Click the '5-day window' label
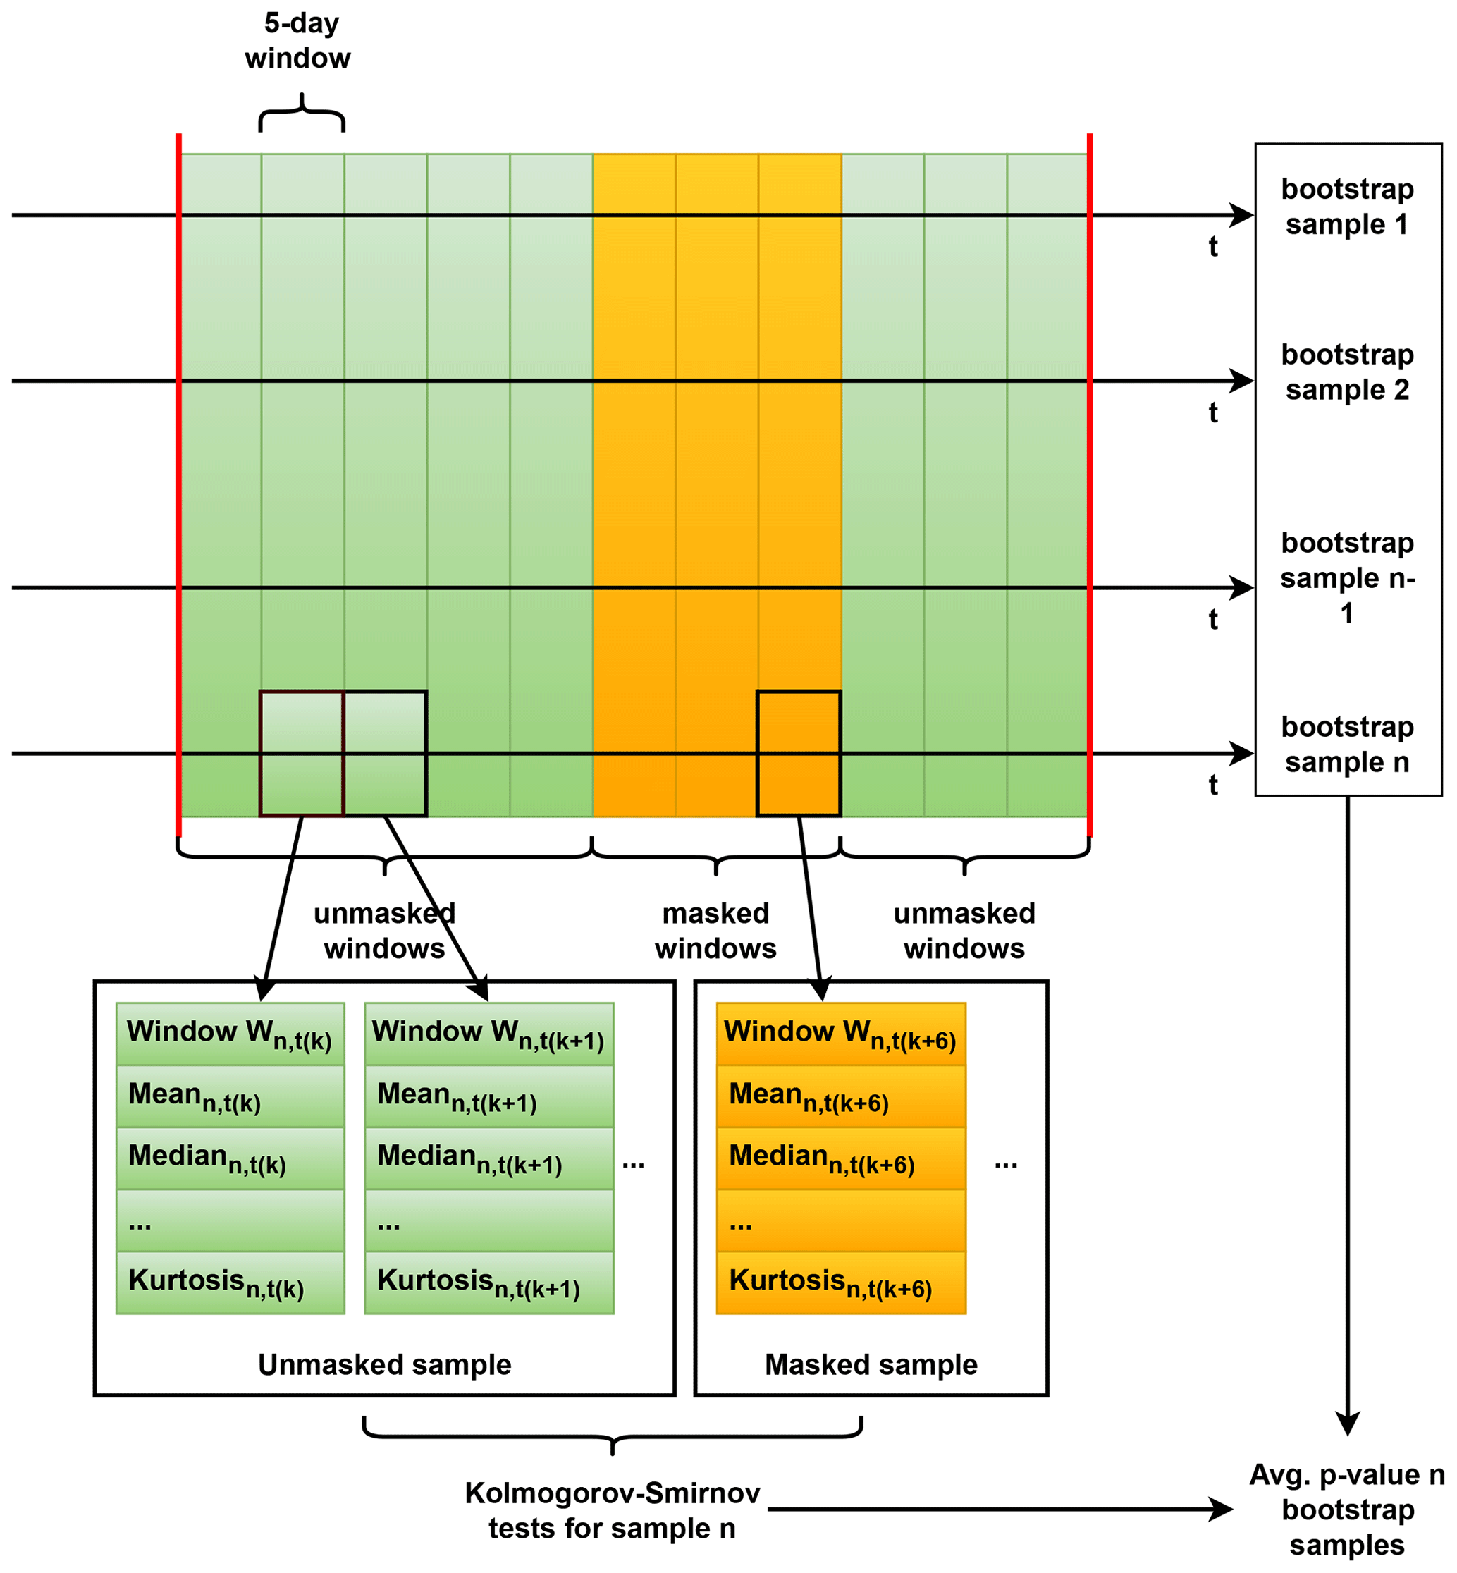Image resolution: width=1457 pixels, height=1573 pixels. coord(298,41)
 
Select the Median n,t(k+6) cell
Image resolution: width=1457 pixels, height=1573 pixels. coord(840,1158)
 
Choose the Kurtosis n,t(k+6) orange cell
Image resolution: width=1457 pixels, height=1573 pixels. coord(840,1283)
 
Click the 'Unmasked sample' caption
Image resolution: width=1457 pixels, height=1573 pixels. coord(385,1365)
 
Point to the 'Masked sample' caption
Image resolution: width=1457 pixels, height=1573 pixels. coord(871,1365)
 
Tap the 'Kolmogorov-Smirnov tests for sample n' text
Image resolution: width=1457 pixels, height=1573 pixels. coord(612,1511)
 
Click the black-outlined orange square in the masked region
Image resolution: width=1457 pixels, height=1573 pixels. coord(799,753)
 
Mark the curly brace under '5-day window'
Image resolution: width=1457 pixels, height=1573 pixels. coord(302,113)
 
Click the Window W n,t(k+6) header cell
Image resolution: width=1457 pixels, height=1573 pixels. coord(840,1034)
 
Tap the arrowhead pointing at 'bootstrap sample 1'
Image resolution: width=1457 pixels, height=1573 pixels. coord(1243,214)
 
